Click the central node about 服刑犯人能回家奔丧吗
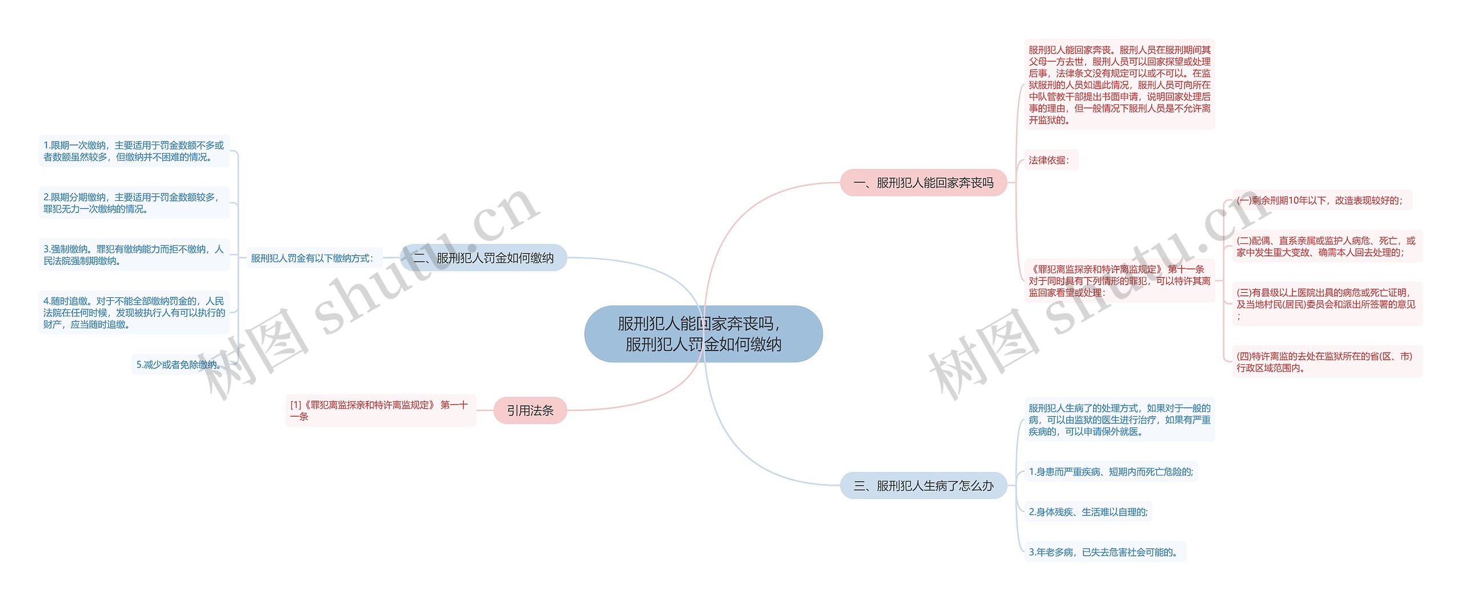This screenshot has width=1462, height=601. click(x=703, y=334)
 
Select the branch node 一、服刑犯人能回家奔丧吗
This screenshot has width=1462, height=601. click(x=923, y=183)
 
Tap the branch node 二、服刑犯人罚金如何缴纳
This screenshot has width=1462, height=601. click(x=483, y=258)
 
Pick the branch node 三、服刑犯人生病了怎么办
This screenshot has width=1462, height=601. click(x=923, y=486)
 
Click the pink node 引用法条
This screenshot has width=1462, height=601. click(x=530, y=410)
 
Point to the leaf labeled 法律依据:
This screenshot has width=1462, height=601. click(x=1050, y=160)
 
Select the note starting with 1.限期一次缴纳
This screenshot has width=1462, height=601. click(x=134, y=151)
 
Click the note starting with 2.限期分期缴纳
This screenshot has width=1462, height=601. click(x=134, y=203)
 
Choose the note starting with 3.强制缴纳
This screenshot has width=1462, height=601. click(x=134, y=255)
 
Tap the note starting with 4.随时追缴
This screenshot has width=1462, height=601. click(x=134, y=313)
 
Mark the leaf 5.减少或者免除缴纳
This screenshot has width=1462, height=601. click(x=178, y=365)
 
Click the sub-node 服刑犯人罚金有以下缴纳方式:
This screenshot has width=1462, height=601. click(x=312, y=259)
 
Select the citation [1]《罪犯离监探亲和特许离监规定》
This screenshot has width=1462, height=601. click(x=380, y=411)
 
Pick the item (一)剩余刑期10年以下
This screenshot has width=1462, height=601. click(x=1320, y=200)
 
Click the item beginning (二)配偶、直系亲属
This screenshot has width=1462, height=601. click(x=1326, y=247)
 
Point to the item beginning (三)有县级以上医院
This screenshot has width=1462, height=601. click(x=1326, y=304)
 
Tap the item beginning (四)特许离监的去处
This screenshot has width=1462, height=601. click(x=1326, y=362)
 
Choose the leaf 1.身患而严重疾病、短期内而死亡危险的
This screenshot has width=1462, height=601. click(x=1110, y=472)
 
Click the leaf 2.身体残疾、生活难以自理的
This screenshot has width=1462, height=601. click(x=1087, y=512)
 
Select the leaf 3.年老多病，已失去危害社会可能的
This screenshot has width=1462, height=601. click(x=1104, y=552)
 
